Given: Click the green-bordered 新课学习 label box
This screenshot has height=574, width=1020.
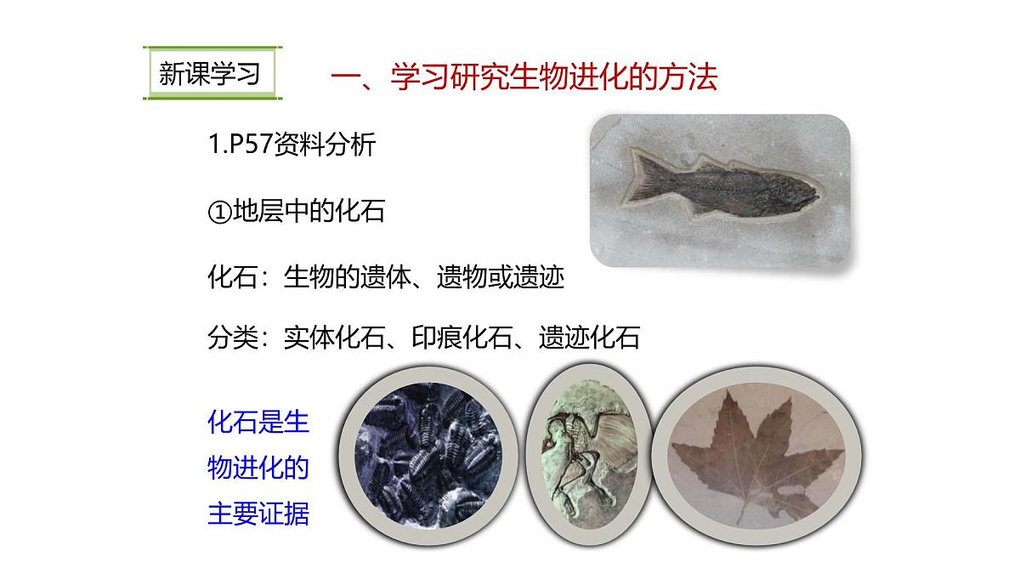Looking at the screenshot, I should (x=209, y=75).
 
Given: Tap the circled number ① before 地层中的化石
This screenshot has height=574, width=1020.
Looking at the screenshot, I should (x=219, y=211).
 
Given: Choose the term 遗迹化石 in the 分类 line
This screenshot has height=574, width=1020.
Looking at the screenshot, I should (x=589, y=338).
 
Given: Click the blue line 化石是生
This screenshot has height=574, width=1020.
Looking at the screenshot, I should (x=258, y=423).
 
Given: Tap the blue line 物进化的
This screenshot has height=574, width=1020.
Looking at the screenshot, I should (x=258, y=469).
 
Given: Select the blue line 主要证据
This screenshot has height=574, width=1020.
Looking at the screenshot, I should (x=258, y=514).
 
